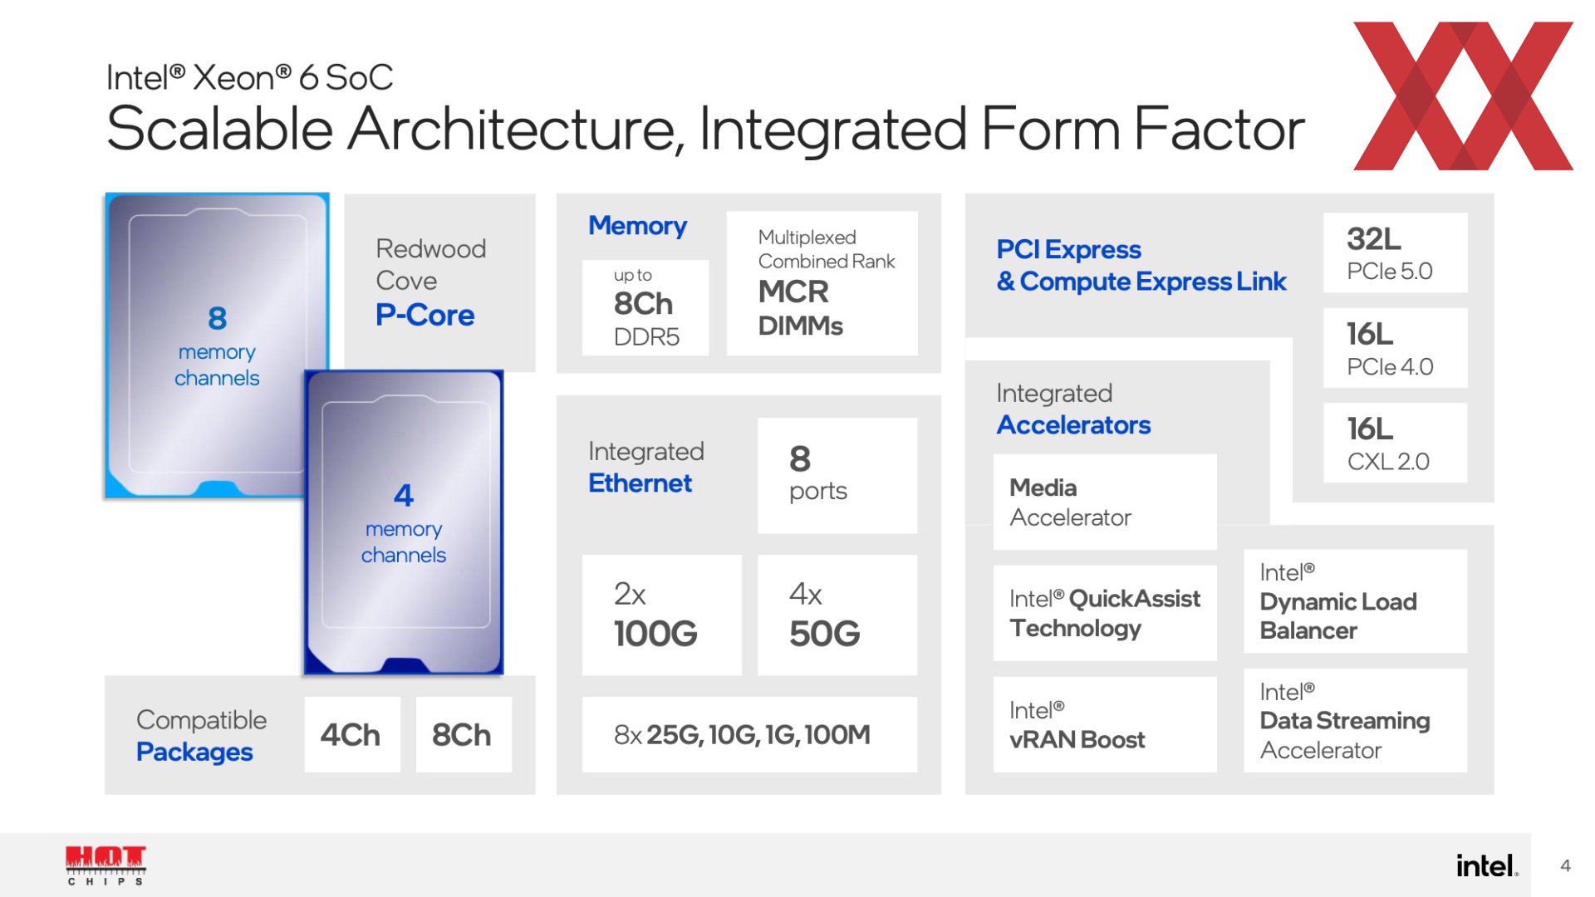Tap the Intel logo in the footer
[x=1487, y=866]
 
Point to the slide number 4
[x=1565, y=865]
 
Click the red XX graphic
[x=1463, y=96]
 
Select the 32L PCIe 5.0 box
[x=1396, y=252]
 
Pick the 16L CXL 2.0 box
[x=1396, y=443]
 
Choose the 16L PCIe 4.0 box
[x=1396, y=348]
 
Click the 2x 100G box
[x=662, y=615]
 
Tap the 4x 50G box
[x=837, y=615]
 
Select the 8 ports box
[x=837, y=475]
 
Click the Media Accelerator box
[x=1105, y=502]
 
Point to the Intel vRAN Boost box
[x=1105, y=724]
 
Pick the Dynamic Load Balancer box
[x=1356, y=601]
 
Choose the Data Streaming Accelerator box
[x=1356, y=720]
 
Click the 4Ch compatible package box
[x=352, y=734]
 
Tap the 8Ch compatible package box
[x=464, y=734]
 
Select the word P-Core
[x=425, y=316]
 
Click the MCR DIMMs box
[x=822, y=283]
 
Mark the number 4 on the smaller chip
[x=404, y=496]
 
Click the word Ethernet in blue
[x=640, y=483]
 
